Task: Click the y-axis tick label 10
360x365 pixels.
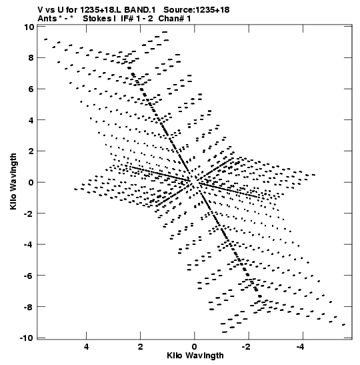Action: coord(29,27)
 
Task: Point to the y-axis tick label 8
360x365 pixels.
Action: coord(31,58)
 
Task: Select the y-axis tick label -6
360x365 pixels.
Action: coord(29,276)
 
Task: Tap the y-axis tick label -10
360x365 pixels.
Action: coord(27,338)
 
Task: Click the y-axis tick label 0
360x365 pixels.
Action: coord(31,182)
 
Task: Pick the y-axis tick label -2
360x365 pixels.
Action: coord(29,214)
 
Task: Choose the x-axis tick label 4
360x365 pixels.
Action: coord(86,347)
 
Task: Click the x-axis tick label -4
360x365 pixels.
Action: coord(300,347)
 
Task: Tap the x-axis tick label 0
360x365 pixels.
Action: coord(194,347)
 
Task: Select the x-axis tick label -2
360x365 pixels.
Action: coord(246,347)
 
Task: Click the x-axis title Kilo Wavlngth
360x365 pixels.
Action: coord(195,356)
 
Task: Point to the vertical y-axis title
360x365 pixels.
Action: coord(13,181)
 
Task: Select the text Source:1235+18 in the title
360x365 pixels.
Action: coord(197,10)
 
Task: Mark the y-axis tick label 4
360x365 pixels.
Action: coord(31,120)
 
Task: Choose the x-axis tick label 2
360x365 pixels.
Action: coord(140,347)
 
